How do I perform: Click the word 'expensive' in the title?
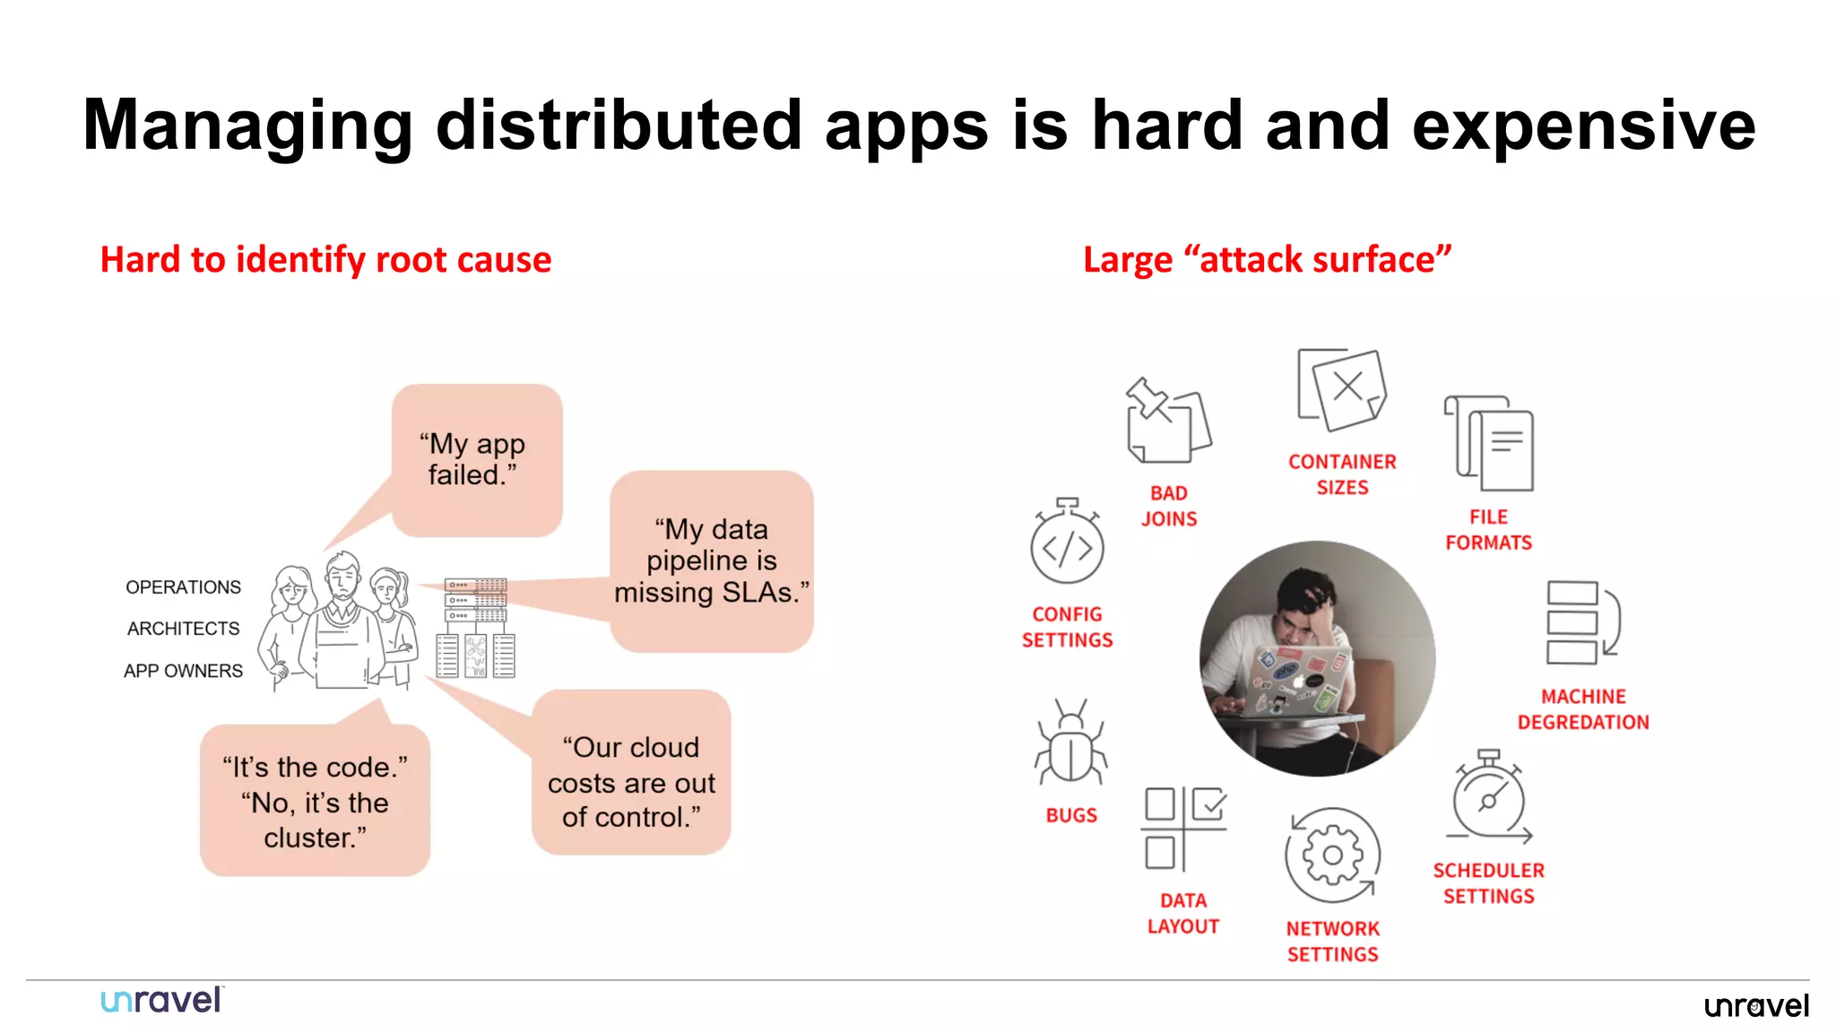(x=1583, y=126)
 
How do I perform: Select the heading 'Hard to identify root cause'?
(x=325, y=260)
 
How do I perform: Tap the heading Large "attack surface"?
(x=1267, y=260)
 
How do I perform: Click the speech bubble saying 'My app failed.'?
(x=476, y=460)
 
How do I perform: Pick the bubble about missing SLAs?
(x=712, y=561)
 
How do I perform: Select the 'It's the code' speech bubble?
(x=315, y=801)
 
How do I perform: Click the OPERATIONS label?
(x=183, y=587)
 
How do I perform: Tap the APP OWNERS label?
(x=183, y=671)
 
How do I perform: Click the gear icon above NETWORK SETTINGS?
(x=1332, y=855)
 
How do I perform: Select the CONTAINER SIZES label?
(x=1342, y=474)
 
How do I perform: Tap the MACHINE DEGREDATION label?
(x=1582, y=709)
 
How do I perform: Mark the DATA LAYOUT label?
(x=1183, y=913)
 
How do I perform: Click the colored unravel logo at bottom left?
(x=161, y=1001)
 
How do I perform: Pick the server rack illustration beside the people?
(x=476, y=628)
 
